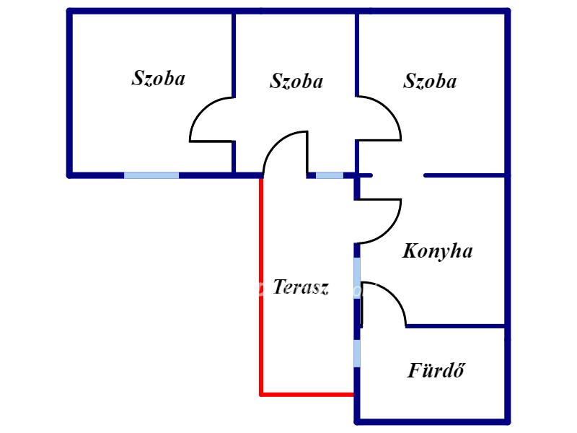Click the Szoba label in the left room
pyautogui.click(x=158, y=78)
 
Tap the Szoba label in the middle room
pyautogui.click(x=296, y=81)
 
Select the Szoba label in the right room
pyautogui.click(x=430, y=81)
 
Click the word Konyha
pyautogui.click(x=438, y=252)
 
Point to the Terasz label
pyautogui.click(x=301, y=287)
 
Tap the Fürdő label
pyautogui.click(x=436, y=370)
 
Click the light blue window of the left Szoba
pyautogui.click(x=151, y=175)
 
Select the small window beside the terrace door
pyautogui.click(x=330, y=175)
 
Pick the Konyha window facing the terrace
pyautogui.click(x=357, y=278)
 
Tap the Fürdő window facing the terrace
pyautogui.click(x=357, y=353)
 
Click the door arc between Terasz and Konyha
pyautogui.click(x=392, y=231)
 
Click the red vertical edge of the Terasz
pyautogui.click(x=261, y=287)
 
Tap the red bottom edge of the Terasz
pyautogui.click(x=308, y=395)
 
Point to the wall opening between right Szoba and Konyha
pyautogui.click(x=398, y=175)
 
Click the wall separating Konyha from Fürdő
pyautogui.click(x=457, y=326)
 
